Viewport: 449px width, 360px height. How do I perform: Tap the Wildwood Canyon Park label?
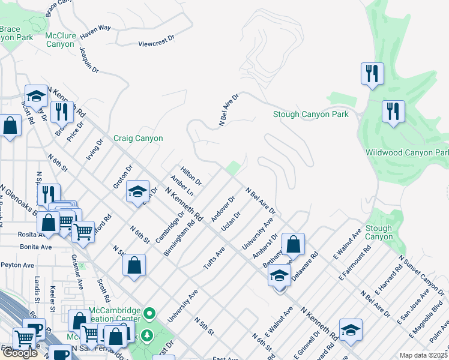(x=407, y=152)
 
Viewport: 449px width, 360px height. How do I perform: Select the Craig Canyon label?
(x=138, y=138)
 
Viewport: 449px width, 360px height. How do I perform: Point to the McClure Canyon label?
(x=60, y=40)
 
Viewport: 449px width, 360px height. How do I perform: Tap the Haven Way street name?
(x=97, y=28)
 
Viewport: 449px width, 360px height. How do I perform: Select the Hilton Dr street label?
(x=191, y=175)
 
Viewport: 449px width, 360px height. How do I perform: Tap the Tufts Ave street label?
(x=216, y=258)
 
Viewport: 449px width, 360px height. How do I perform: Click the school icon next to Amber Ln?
(x=137, y=191)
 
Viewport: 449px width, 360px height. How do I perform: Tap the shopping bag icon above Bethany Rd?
(x=293, y=245)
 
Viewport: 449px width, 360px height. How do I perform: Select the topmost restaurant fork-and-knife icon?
(x=372, y=74)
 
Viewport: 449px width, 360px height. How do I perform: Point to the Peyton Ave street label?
(x=17, y=265)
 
